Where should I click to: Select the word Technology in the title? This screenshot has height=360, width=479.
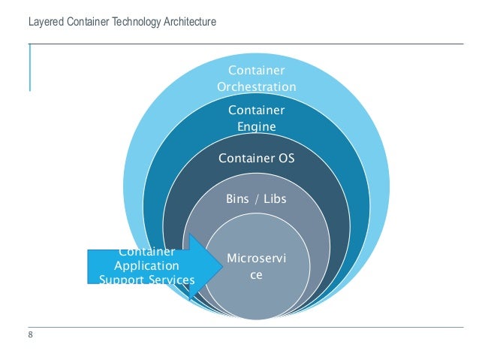pyautogui.click(x=132, y=23)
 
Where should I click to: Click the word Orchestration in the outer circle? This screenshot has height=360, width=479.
pyautogui.click(x=256, y=87)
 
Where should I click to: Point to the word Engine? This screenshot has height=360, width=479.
pyautogui.click(x=256, y=127)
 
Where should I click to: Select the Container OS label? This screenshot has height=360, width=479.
pyautogui.click(x=256, y=159)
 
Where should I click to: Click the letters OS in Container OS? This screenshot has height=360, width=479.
pyautogui.click(x=285, y=159)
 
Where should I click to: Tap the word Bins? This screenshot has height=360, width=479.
pyautogui.click(x=238, y=199)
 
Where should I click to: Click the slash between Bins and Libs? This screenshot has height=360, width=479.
pyautogui.click(x=256, y=199)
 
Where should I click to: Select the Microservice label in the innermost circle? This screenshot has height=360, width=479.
pyautogui.click(x=256, y=267)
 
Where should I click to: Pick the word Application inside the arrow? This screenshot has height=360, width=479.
pyautogui.click(x=146, y=266)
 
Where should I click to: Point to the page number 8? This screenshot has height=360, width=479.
pyautogui.click(x=30, y=335)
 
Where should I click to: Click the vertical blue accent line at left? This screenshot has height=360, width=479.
pyautogui.click(x=30, y=68)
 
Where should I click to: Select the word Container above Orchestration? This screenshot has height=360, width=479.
pyautogui.click(x=256, y=71)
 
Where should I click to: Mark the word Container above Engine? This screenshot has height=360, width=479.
pyautogui.click(x=256, y=110)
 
